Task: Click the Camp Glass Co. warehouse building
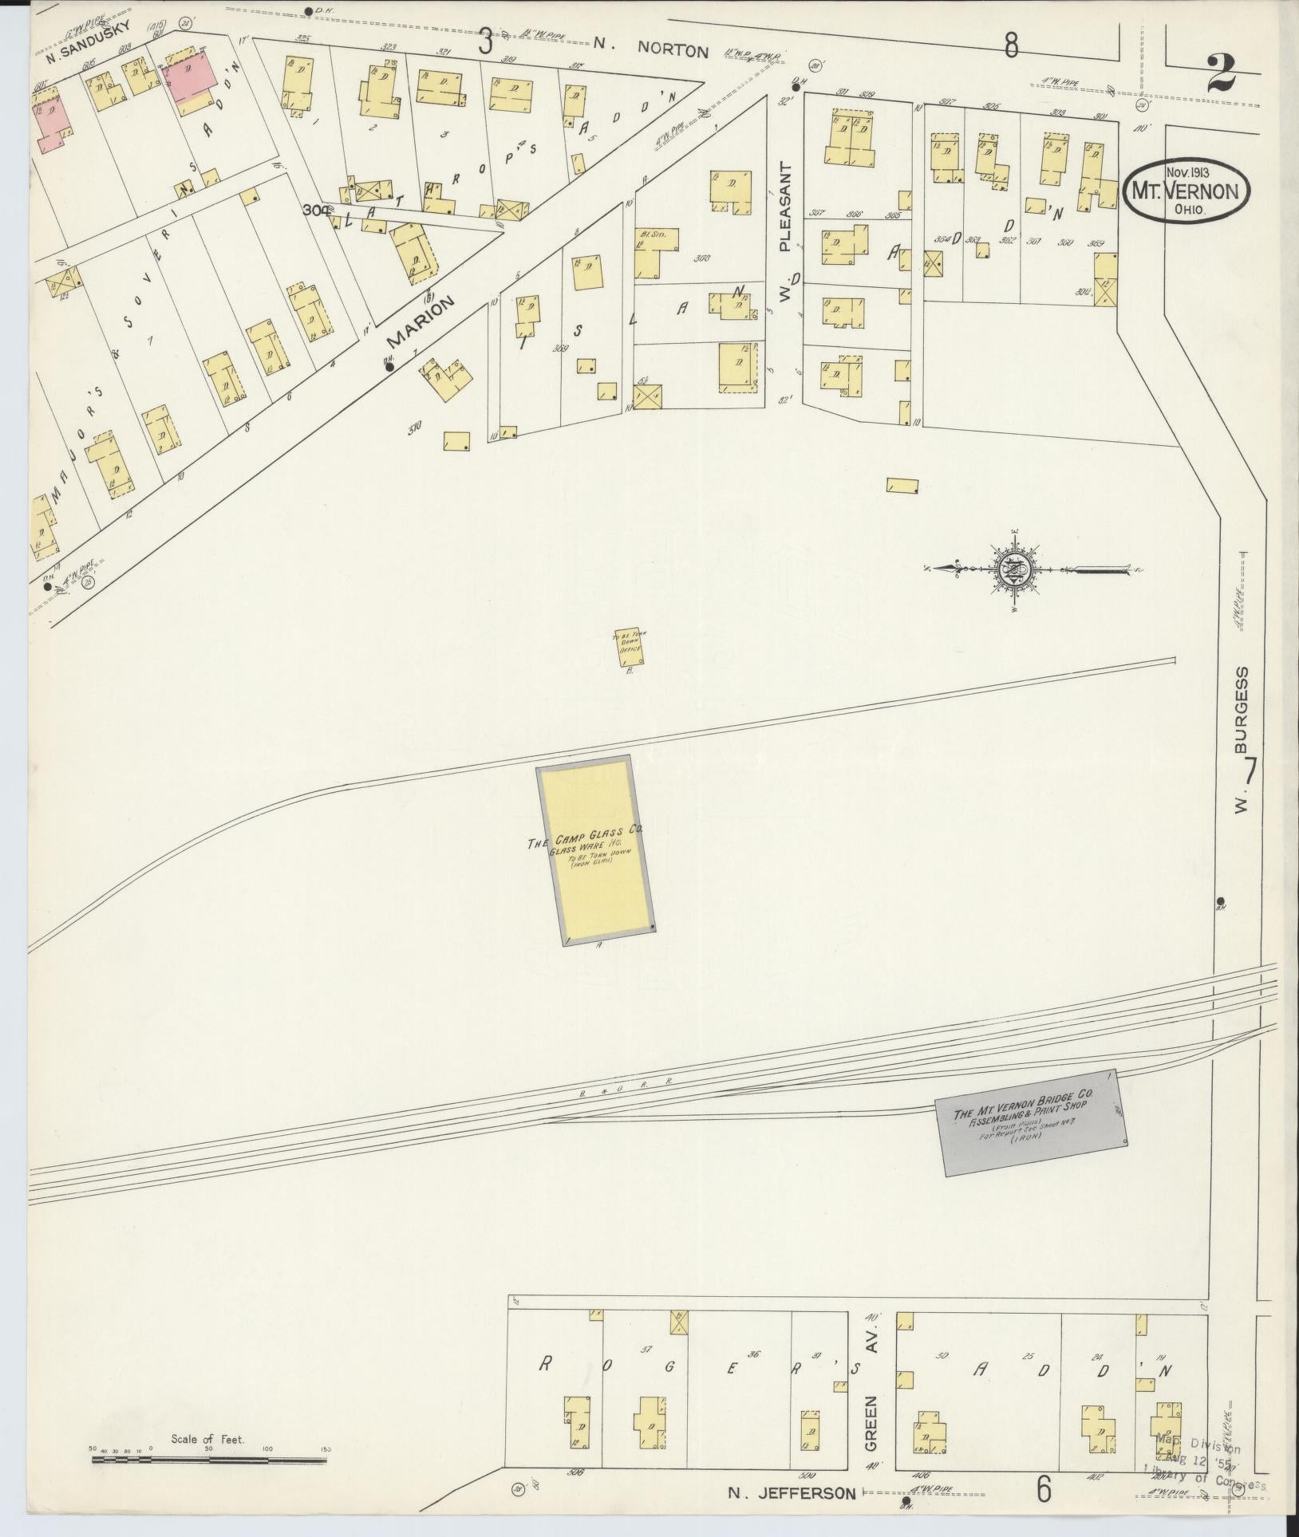click(595, 849)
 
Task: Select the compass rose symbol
click(1016, 569)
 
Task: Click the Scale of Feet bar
click(209, 1460)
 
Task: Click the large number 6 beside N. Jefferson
click(1043, 1488)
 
